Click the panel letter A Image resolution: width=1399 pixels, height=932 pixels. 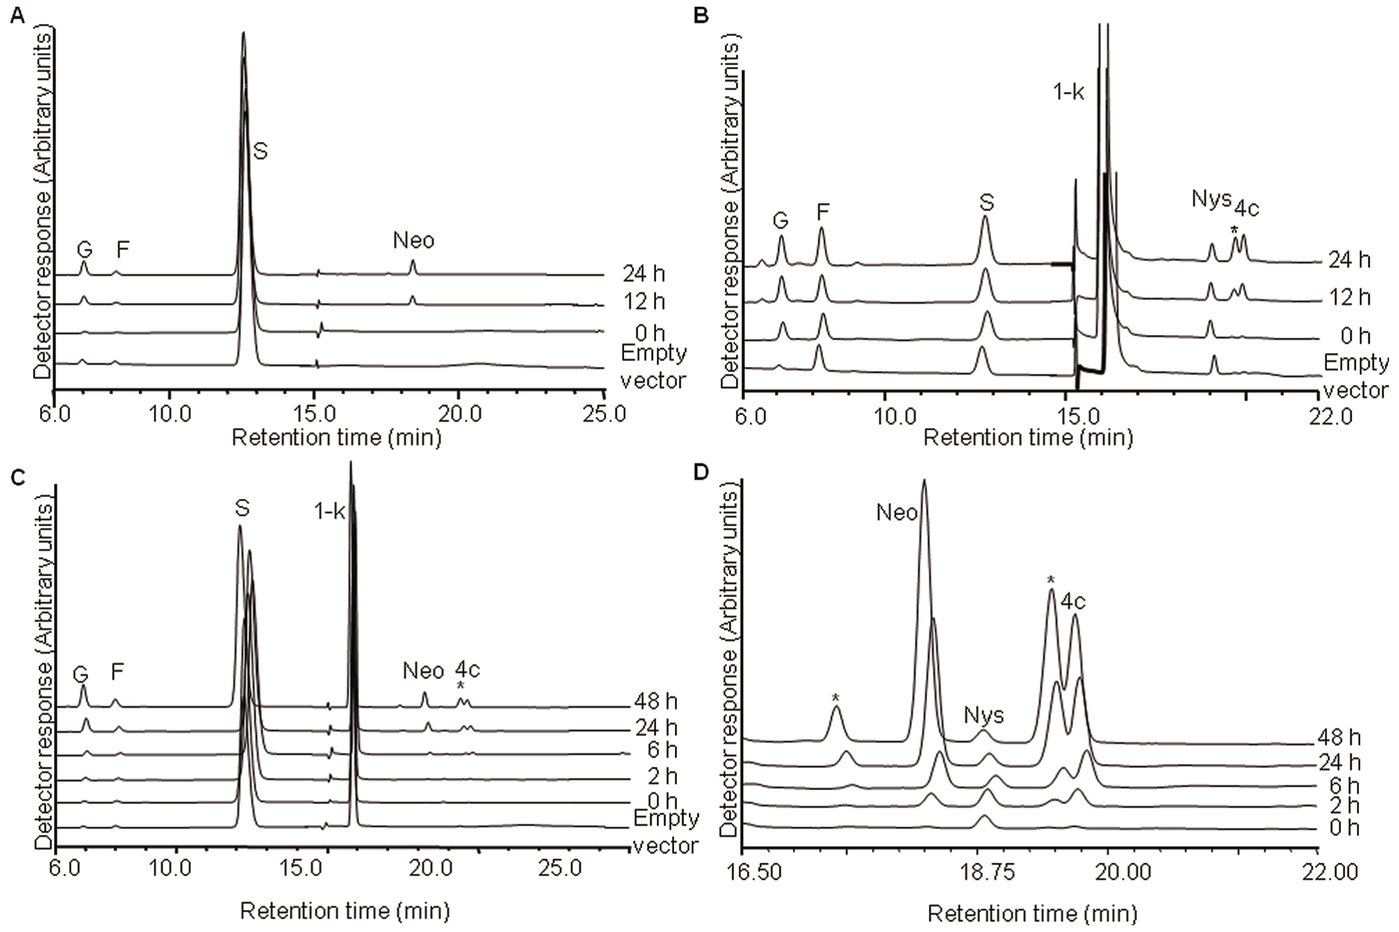(17, 15)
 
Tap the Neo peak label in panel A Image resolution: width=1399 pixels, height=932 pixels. (413, 240)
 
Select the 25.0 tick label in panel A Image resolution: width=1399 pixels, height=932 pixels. (604, 414)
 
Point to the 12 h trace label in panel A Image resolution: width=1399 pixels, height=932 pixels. (644, 302)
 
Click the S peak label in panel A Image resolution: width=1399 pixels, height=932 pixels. (260, 151)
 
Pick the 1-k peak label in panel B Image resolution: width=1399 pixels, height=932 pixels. (1069, 92)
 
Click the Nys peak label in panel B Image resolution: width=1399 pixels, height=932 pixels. (1210, 198)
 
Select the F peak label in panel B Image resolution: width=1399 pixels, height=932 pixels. (823, 212)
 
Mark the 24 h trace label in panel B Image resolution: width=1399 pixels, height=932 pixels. (1350, 260)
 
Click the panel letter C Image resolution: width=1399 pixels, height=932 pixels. (17, 477)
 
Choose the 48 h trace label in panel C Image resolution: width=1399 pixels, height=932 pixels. (656, 701)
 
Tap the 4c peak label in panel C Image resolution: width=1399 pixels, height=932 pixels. (467, 670)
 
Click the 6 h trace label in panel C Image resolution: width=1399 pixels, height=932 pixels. (662, 750)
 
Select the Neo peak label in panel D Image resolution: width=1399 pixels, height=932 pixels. (897, 512)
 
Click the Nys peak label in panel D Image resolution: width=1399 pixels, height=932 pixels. (984, 715)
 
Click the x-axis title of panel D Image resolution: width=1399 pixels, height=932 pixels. (1032, 914)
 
